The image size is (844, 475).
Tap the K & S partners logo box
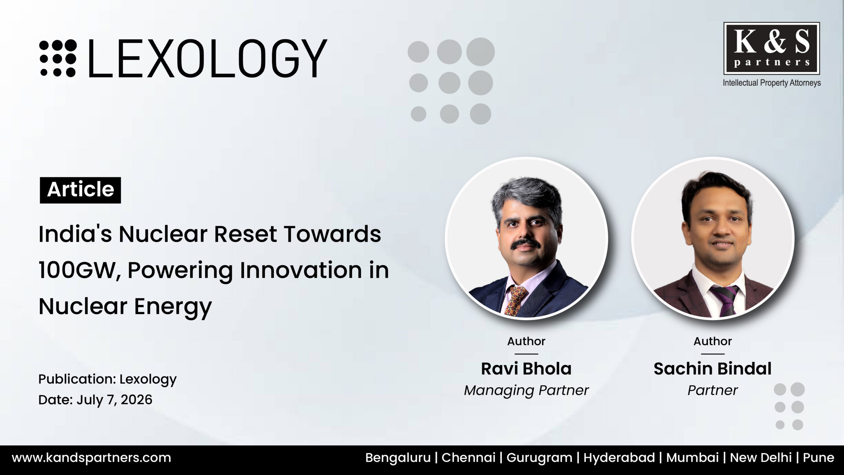pyautogui.click(x=771, y=48)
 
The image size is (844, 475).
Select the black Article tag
pyautogui.click(x=80, y=190)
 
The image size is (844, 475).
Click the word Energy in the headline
pyautogui.click(x=173, y=307)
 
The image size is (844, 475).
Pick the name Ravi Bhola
pyautogui.click(x=526, y=369)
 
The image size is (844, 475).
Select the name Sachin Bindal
pyautogui.click(x=712, y=369)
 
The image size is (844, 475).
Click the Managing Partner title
pyautogui.click(x=526, y=391)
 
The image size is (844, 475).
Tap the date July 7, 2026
pyautogui.click(x=115, y=400)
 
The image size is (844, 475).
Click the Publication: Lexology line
pyautogui.click(x=107, y=379)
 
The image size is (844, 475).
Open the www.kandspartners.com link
pyautogui.click(x=92, y=458)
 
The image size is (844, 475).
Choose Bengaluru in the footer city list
pyautogui.click(x=398, y=458)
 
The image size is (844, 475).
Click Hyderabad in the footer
pyautogui.click(x=619, y=458)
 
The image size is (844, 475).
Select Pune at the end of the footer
pyautogui.click(x=819, y=458)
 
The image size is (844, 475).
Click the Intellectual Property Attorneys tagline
pyautogui.click(x=772, y=83)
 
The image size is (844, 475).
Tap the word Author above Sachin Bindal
pyautogui.click(x=712, y=341)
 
